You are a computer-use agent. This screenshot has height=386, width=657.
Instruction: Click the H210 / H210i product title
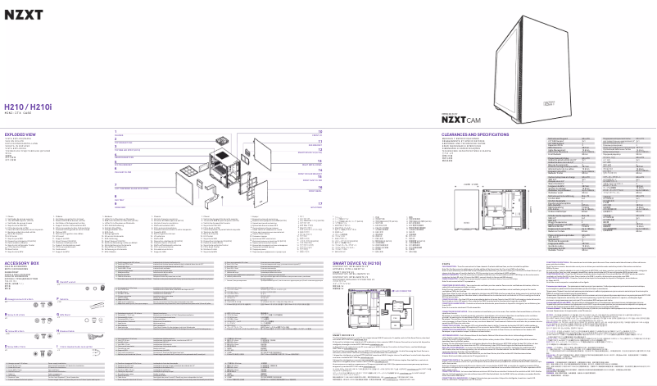[x=29, y=107]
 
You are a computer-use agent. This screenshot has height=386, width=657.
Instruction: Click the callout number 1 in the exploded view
[x=115, y=131]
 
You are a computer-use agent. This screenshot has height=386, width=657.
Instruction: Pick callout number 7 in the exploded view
[x=116, y=186]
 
